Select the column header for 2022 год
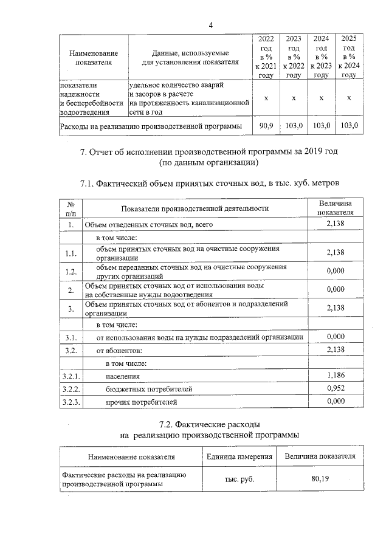tap(266, 57)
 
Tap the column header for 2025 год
tap(349, 57)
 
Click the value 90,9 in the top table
tap(266, 126)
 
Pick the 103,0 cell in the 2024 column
tap(321, 126)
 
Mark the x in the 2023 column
tap(294, 98)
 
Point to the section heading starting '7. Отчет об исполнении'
tap(210, 151)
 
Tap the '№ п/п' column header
tap(71, 208)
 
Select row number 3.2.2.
tap(71, 388)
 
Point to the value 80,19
tap(320, 479)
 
